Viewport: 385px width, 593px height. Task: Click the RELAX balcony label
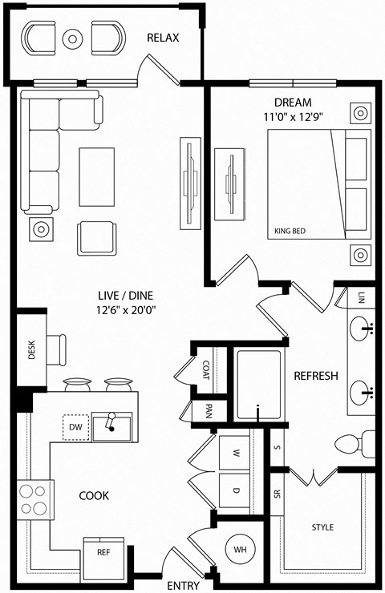[163, 38]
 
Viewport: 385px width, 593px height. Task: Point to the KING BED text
[290, 231]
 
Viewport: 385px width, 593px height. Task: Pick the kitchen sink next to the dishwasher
[112, 426]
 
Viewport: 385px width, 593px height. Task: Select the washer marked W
[236, 452]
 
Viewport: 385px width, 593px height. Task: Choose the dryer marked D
[236, 489]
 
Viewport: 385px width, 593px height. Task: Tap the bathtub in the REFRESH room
[258, 385]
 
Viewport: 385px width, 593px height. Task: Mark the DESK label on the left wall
[31, 350]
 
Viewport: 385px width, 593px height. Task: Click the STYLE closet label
[322, 527]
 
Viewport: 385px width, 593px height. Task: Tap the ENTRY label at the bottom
[185, 586]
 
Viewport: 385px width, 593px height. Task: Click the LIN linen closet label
[362, 296]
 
